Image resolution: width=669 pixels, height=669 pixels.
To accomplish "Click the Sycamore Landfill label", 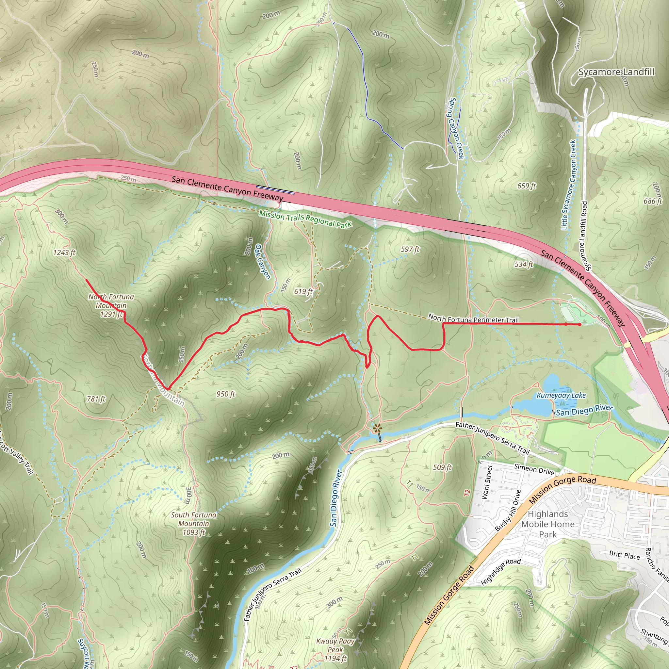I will pos(616,72).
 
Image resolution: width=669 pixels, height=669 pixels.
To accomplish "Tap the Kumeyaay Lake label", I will pos(561,396).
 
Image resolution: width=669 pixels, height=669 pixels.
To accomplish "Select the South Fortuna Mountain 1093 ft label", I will pos(194,524).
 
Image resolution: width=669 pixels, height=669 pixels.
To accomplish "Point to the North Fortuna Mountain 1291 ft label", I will pos(111,305).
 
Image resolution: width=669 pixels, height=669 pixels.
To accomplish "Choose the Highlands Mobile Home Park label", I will pos(548,524).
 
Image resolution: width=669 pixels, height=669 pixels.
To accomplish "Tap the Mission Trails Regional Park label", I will pos(305,219).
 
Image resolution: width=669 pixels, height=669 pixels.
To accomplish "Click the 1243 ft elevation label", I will pos(64,253).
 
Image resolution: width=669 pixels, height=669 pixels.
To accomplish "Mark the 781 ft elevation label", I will pos(96,399).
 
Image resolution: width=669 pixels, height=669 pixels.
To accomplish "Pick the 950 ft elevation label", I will pos(226,394).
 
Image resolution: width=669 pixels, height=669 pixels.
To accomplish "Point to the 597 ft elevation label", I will pos(410,249).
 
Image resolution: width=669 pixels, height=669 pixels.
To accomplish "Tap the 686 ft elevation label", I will pos(653,201).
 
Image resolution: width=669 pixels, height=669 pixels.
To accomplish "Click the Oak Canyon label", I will pos(263,261).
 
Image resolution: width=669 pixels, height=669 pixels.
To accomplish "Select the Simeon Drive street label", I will pos(534,469).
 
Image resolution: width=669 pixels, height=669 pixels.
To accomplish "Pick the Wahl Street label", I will pos(487,482).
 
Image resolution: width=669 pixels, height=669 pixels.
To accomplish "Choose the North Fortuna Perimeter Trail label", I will pos(473,318).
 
